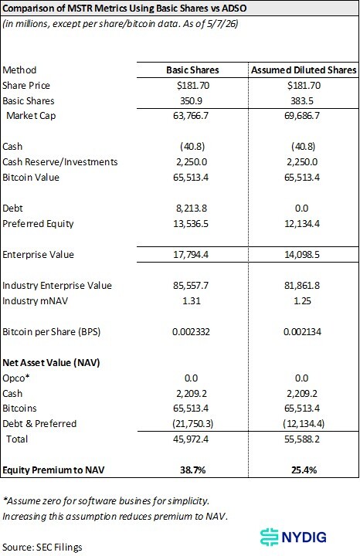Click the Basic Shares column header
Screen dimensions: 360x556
(192, 69)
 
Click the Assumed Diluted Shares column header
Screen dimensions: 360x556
(304, 69)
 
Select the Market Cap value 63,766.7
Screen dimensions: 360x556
(191, 116)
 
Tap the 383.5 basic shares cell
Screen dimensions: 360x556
(302, 100)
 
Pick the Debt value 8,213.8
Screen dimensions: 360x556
(191, 208)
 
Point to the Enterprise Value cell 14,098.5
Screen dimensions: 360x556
(302, 255)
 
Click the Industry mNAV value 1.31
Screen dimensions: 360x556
(191, 300)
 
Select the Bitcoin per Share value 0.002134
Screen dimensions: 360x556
(302, 332)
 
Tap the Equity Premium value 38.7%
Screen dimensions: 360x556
(192, 470)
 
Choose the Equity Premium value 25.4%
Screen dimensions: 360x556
(304, 470)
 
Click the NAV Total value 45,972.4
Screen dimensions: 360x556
(191, 439)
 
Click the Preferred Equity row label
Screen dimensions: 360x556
(38, 224)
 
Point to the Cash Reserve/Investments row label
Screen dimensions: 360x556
(60, 162)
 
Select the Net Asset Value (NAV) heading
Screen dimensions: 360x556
(51, 363)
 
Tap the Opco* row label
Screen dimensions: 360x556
(16, 378)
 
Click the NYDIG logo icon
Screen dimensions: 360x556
(269, 537)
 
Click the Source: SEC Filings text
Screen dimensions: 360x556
(42, 548)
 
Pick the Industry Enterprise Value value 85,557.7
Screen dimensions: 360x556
(191, 286)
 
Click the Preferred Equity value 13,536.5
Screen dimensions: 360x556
(191, 224)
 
